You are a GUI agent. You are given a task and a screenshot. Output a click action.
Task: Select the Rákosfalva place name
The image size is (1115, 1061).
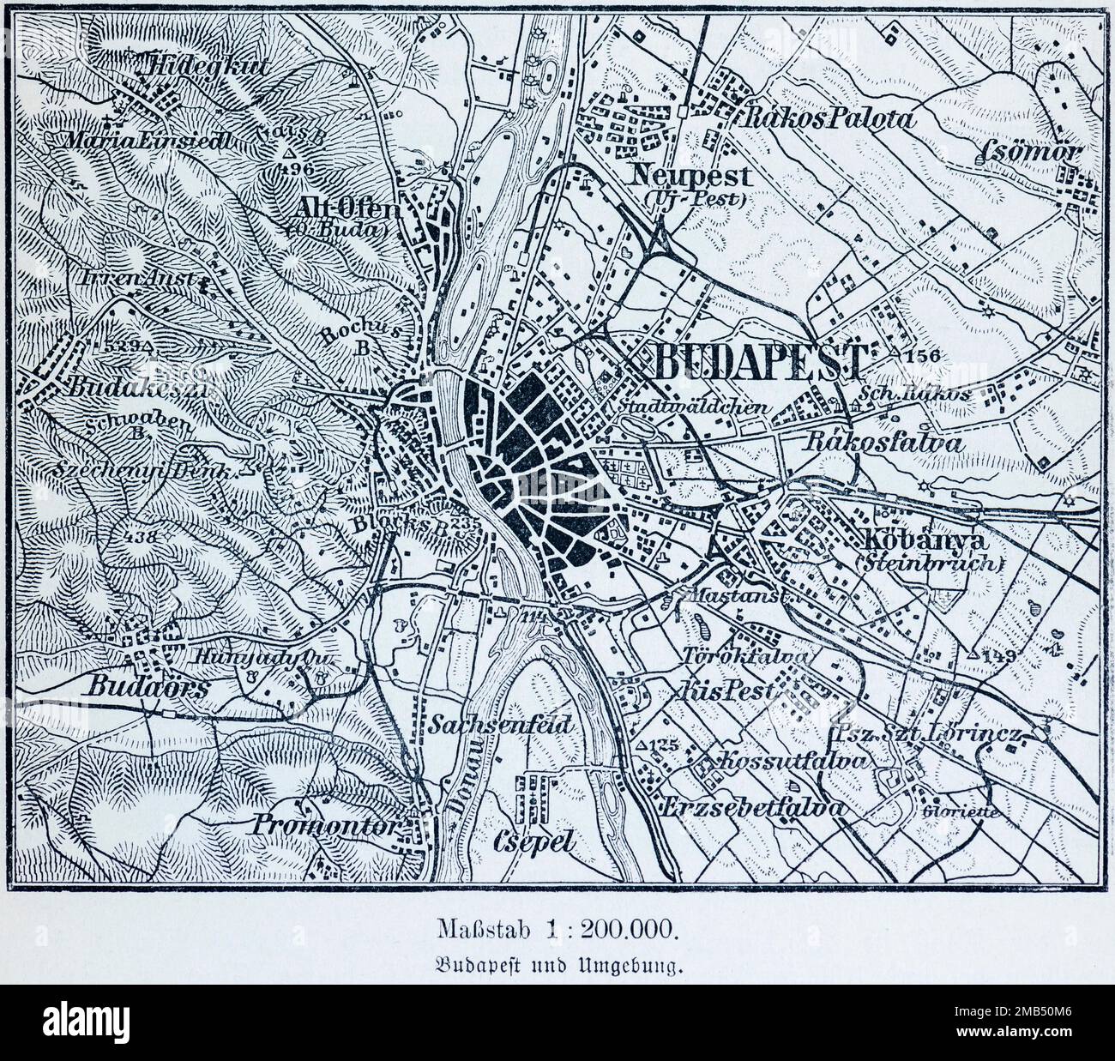(x=884, y=443)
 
